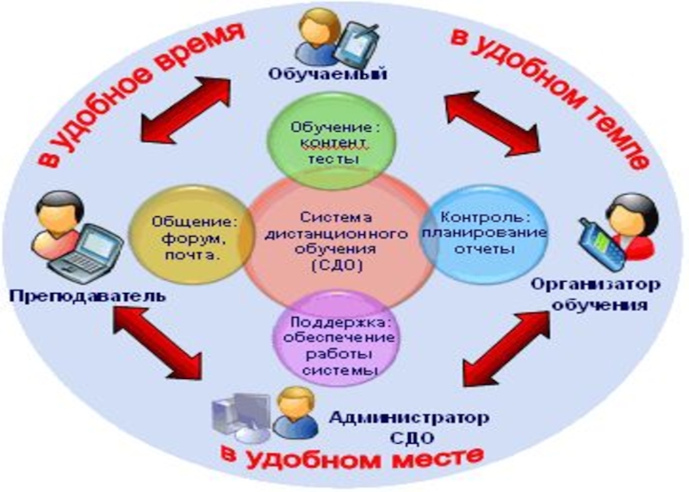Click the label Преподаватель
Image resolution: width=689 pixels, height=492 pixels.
click(86, 296)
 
